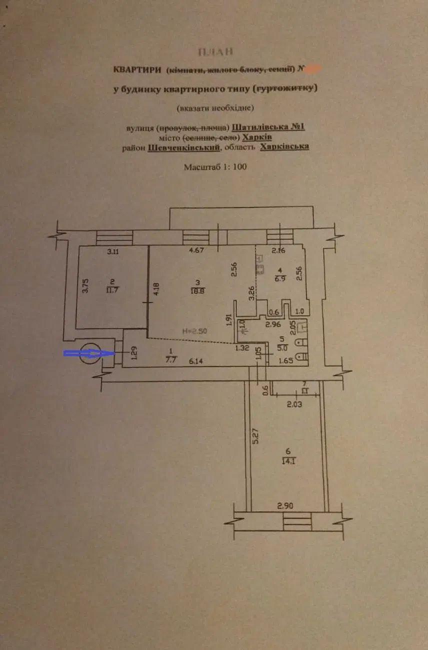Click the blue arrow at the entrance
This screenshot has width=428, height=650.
pyautogui.click(x=83, y=353)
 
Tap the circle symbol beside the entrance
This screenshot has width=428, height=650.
pyautogui.click(x=91, y=353)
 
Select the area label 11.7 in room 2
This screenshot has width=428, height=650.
pyautogui.click(x=113, y=289)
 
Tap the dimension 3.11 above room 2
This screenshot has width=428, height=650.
pyautogui.click(x=113, y=251)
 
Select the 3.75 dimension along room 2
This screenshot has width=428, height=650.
pyautogui.click(x=86, y=285)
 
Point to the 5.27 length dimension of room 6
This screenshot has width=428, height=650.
pyautogui.click(x=255, y=437)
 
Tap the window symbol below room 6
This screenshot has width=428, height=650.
pyautogui.click(x=297, y=522)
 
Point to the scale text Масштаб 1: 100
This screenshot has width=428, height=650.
pyautogui.click(x=215, y=167)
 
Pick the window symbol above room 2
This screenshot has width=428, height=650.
pyautogui.click(x=114, y=237)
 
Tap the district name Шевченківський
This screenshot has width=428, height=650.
pyautogui.click(x=184, y=147)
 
